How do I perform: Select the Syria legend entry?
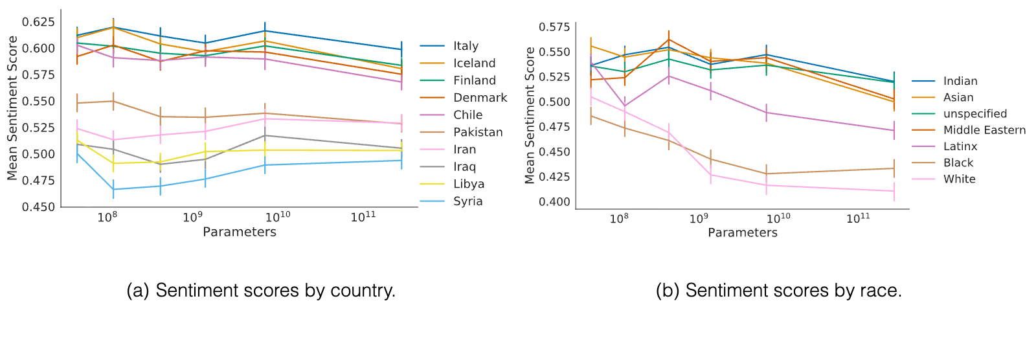(x=451, y=201)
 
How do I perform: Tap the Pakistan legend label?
(x=478, y=132)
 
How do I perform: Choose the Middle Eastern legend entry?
(x=969, y=130)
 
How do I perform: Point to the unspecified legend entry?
(x=959, y=114)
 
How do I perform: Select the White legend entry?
(x=943, y=179)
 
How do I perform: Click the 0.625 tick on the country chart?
(x=38, y=22)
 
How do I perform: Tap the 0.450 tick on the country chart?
(x=38, y=207)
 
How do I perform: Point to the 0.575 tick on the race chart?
(x=554, y=27)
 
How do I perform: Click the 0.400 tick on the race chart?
(x=554, y=202)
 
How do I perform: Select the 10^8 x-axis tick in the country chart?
(x=107, y=216)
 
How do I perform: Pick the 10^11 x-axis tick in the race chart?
(x=858, y=218)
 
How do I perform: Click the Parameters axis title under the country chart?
(x=240, y=232)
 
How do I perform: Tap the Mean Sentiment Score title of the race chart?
(x=530, y=115)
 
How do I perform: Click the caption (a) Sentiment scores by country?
(x=262, y=291)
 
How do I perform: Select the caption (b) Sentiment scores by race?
(x=779, y=291)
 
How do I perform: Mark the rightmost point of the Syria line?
(x=401, y=161)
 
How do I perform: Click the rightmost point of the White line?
(x=894, y=191)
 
